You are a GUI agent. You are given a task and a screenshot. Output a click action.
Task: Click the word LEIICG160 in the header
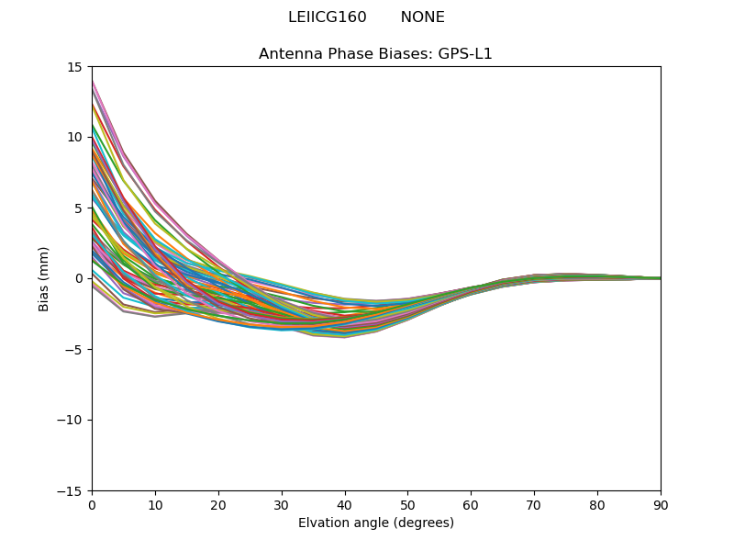tap(327, 17)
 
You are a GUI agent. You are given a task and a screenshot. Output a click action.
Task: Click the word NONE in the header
tap(422, 17)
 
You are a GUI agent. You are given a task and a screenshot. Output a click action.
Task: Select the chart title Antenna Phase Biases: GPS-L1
tap(375, 54)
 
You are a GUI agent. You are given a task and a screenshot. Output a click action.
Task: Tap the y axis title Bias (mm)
tap(44, 278)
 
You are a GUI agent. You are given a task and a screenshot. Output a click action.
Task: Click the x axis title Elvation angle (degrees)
tap(375, 523)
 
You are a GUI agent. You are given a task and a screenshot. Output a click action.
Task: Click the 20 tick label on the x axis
tap(218, 505)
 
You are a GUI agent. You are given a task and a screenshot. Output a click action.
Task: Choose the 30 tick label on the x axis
tap(282, 505)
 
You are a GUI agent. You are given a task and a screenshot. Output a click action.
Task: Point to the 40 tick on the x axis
tap(345, 505)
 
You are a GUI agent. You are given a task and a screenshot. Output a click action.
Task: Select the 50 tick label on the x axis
tap(407, 505)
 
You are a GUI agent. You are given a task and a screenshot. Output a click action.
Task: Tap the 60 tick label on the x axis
tap(471, 505)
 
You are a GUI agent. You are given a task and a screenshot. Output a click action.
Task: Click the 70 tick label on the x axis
tap(534, 505)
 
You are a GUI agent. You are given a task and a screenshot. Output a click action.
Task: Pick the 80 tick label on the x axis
tap(597, 505)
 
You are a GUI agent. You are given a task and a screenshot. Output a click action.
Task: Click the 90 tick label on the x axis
tap(661, 505)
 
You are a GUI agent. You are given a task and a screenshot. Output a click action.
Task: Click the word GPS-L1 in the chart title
tap(464, 54)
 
